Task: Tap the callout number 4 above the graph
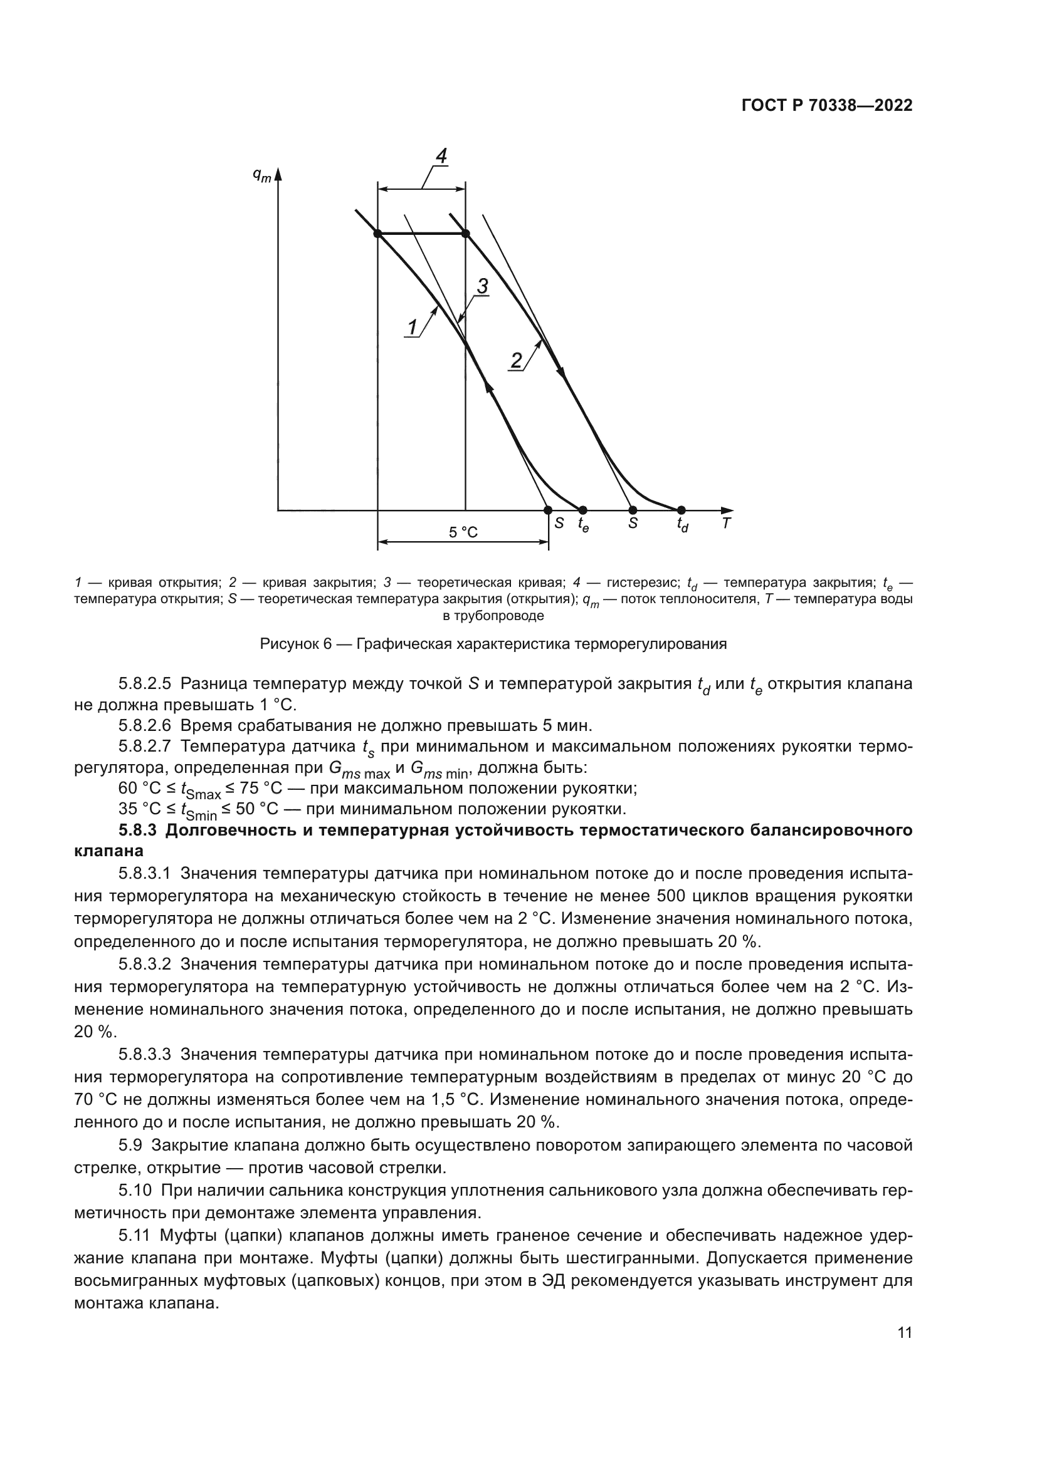tap(441, 156)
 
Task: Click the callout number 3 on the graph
tap(483, 286)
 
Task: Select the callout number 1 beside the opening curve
tap(413, 328)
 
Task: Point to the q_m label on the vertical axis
tap(261, 175)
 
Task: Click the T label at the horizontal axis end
tap(727, 523)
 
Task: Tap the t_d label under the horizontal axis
tap(683, 525)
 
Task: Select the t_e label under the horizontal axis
tap(583, 525)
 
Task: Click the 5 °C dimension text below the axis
tap(463, 532)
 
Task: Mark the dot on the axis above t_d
tap(681, 510)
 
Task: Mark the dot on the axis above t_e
tap(582, 510)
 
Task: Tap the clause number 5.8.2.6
tap(145, 725)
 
